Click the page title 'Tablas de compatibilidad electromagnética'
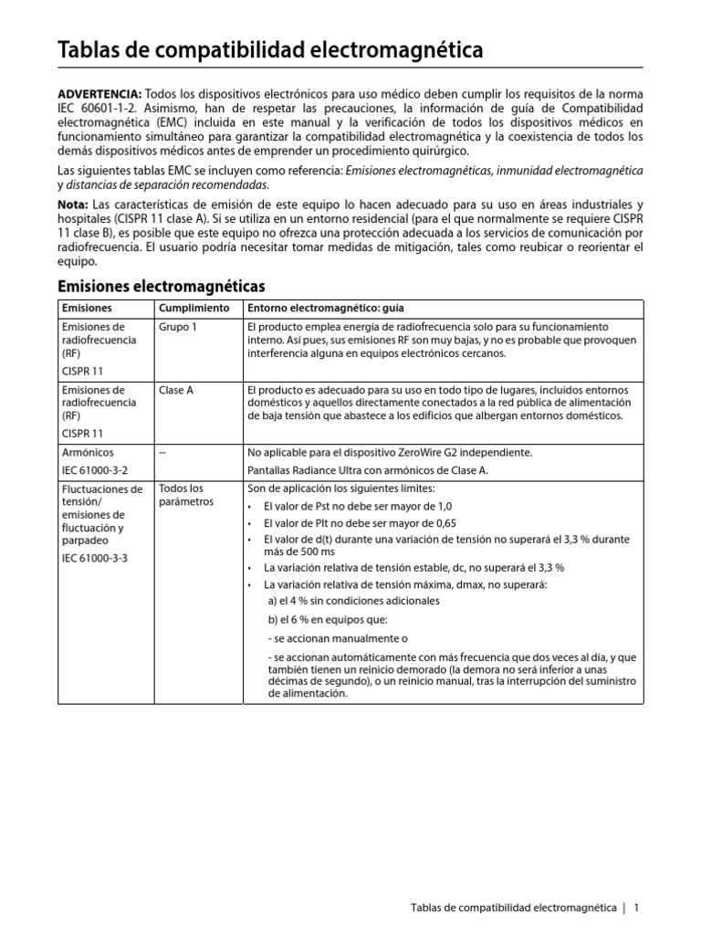point(271,50)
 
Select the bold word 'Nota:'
point(74,204)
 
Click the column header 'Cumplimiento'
point(194,309)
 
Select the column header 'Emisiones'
point(87,309)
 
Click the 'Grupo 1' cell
point(178,327)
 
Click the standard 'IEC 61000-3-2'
point(96,470)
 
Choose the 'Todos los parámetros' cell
point(186,495)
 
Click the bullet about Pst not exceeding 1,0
point(357,505)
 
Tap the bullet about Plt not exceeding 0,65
point(361,522)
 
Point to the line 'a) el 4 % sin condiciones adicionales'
point(354,601)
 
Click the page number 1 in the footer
point(636,908)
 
